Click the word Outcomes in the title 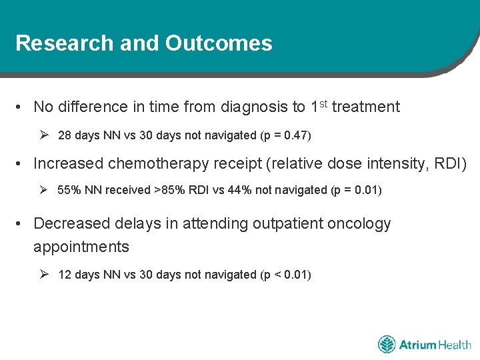pyautogui.click(x=219, y=43)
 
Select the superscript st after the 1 pyautogui.click(x=323, y=103)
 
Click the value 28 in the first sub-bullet pyautogui.click(x=65, y=135)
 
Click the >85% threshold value pyautogui.click(x=169, y=190)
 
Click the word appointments pyautogui.click(x=81, y=247)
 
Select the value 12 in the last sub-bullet pyautogui.click(x=65, y=275)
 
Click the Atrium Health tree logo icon pyautogui.click(x=387, y=345)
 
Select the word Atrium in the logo pyautogui.click(x=417, y=345)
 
